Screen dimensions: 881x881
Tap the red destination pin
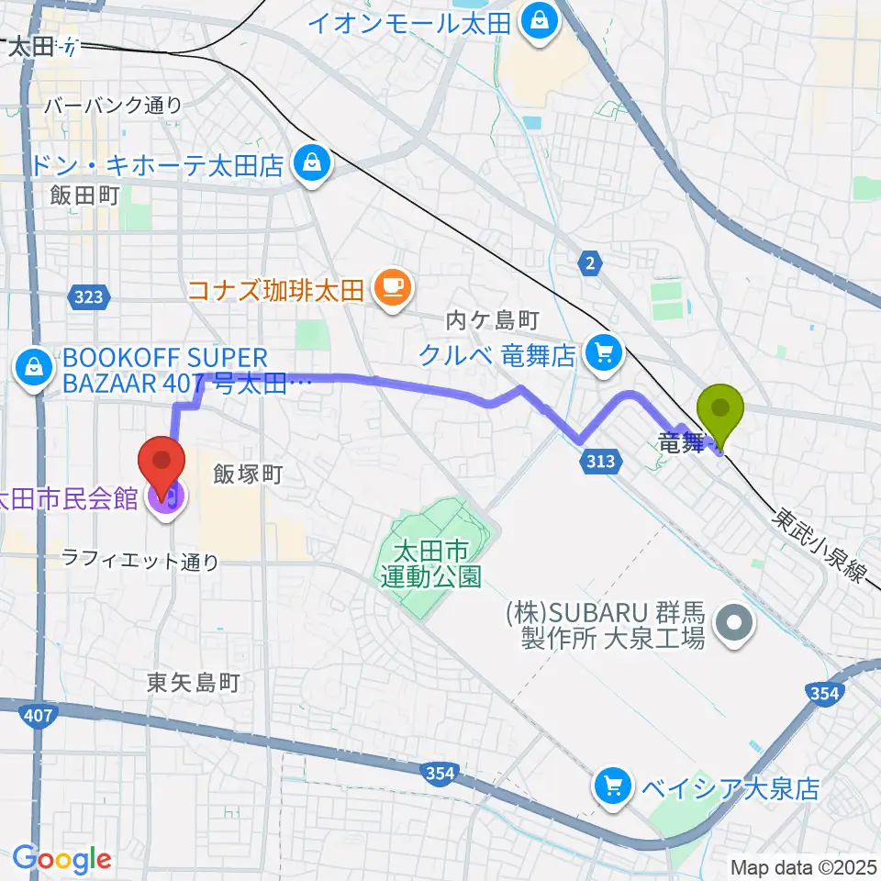click(x=162, y=464)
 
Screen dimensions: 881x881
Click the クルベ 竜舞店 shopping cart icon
click(x=603, y=352)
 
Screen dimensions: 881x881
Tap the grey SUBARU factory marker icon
click(x=734, y=625)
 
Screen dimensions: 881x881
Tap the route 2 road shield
click(x=589, y=264)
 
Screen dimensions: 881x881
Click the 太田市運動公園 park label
click(x=430, y=564)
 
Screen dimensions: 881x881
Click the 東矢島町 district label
click(x=193, y=683)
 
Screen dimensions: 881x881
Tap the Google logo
click(x=61, y=859)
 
